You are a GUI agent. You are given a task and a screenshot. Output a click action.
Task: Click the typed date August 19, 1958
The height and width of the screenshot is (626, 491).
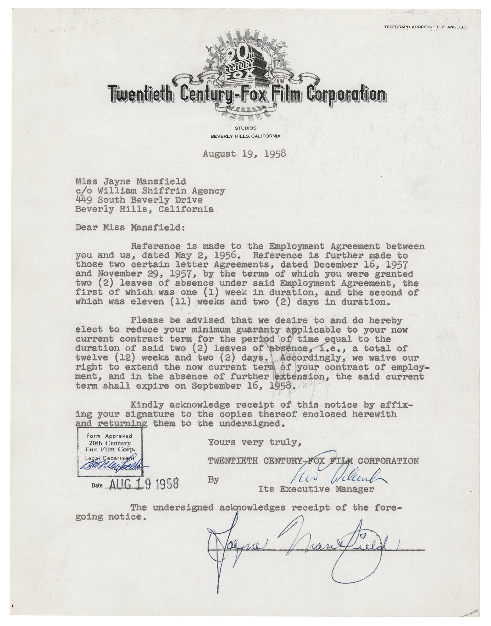pyautogui.click(x=244, y=154)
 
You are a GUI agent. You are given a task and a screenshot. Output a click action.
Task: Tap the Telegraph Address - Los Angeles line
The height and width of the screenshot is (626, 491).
pyautogui.click(x=425, y=27)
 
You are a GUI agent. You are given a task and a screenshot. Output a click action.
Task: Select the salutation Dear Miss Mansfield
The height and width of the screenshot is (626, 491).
pyautogui.click(x=130, y=227)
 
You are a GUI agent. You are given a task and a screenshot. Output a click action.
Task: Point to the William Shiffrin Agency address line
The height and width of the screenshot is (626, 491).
pyautogui.click(x=150, y=191)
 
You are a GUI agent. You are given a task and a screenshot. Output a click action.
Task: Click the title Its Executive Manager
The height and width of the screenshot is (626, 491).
pyautogui.click(x=316, y=489)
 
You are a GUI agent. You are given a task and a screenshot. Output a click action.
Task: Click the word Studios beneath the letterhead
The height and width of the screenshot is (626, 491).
pyautogui.click(x=245, y=128)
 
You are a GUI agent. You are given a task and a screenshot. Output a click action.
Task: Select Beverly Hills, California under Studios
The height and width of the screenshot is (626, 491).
pyautogui.click(x=245, y=136)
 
